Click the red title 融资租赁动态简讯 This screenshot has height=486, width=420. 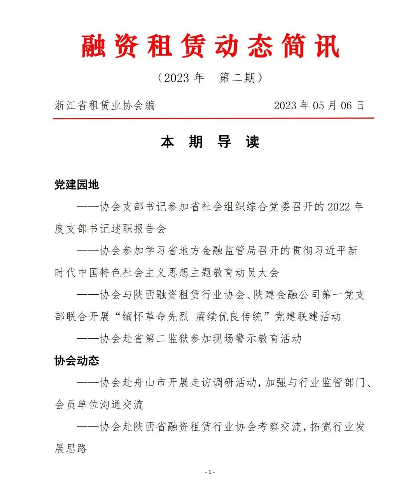click(x=210, y=46)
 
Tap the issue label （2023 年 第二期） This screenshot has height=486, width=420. click(x=210, y=78)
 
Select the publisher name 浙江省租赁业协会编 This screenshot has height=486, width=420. click(x=105, y=105)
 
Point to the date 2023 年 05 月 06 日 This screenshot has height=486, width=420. click(x=319, y=105)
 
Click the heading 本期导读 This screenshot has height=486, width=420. click(x=210, y=142)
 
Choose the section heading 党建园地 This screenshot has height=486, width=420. click(x=77, y=185)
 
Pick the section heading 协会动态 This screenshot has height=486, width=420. click(x=77, y=361)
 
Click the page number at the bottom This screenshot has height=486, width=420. click(x=210, y=472)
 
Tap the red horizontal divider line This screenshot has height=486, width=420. click(x=213, y=118)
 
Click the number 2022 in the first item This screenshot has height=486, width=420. click(x=339, y=207)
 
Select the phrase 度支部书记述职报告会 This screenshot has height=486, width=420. click(x=110, y=229)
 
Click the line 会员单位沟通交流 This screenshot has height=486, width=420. click(x=99, y=405)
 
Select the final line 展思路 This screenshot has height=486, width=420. click(x=71, y=449)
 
